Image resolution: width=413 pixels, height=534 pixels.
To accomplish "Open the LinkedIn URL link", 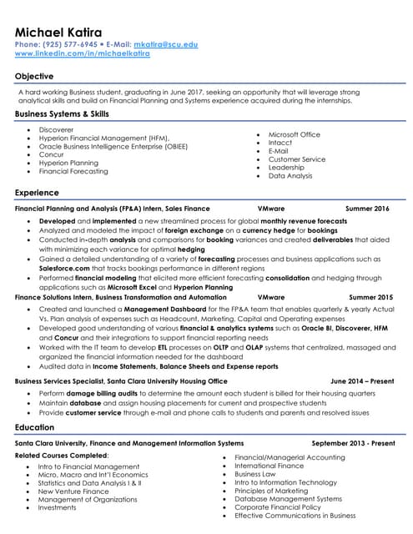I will click(x=83, y=53).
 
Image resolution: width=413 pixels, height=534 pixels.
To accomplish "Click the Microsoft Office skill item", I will click(x=294, y=134).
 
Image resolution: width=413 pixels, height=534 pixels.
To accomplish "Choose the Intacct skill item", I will click(x=280, y=143).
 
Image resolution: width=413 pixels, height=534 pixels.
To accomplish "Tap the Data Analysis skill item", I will click(x=290, y=176).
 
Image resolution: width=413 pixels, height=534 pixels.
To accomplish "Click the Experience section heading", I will click(x=37, y=193).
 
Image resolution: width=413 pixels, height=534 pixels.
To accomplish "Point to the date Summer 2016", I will click(x=367, y=209).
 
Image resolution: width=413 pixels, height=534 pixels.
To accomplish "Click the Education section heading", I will click(x=35, y=427).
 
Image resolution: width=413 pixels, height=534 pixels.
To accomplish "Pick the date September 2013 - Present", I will click(x=354, y=444).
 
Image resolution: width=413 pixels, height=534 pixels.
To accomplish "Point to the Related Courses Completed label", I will click(x=62, y=456).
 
